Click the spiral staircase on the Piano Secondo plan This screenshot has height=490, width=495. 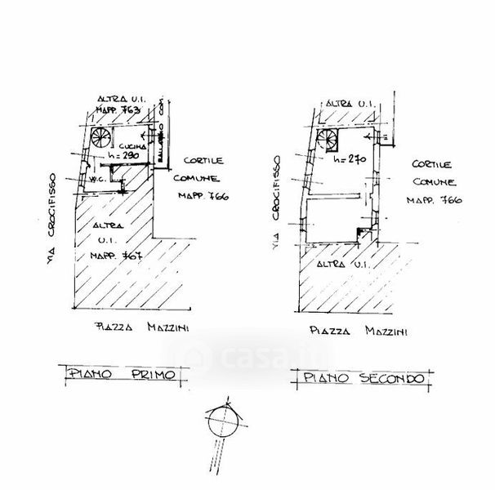point(328,139)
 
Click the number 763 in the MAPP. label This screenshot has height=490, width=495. point(132,108)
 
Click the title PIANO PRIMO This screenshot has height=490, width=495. point(123,375)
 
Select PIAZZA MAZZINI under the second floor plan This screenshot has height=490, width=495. point(359,332)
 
